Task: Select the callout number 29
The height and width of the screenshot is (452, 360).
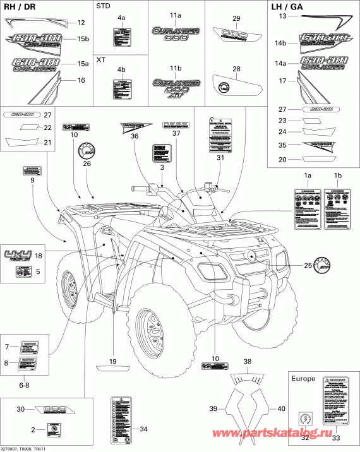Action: click(x=236, y=18)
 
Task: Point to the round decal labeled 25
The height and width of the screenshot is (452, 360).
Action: click(x=322, y=266)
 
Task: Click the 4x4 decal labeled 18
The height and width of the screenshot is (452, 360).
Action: click(x=18, y=256)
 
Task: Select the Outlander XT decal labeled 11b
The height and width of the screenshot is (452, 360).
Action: click(x=175, y=86)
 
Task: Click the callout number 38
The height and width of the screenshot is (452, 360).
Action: click(x=248, y=362)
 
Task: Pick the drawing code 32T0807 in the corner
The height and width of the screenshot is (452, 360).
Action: click(x=13, y=446)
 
